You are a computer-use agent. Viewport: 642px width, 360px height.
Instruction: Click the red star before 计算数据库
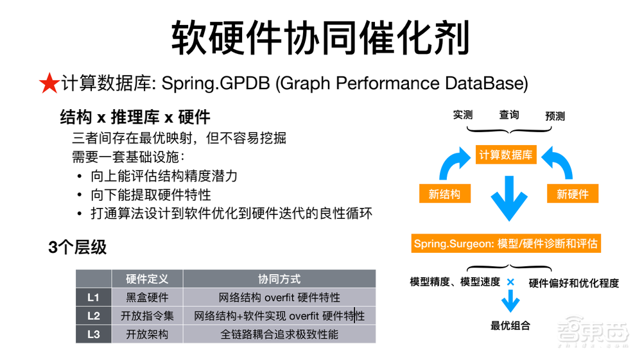[49, 83]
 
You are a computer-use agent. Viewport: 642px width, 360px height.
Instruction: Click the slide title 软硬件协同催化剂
[320, 37]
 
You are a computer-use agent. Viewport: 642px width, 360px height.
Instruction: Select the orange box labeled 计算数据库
[506, 155]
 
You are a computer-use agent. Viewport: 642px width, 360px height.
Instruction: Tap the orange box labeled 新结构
[444, 194]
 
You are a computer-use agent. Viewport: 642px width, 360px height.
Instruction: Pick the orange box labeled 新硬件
[573, 194]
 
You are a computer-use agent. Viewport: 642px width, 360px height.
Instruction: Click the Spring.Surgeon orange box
[506, 244]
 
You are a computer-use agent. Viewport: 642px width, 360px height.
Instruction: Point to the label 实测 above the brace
[463, 116]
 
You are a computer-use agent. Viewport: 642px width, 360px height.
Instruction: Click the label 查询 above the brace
[509, 115]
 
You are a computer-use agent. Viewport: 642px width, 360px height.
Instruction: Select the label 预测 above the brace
[555, 116]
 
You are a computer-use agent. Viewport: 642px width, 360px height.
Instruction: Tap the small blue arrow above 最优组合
[510, 300]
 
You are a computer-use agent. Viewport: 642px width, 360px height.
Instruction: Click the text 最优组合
[510, 325]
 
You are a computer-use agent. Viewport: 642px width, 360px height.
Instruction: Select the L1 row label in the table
[93, 297]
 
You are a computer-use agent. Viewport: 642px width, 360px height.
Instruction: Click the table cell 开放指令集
[147, 316]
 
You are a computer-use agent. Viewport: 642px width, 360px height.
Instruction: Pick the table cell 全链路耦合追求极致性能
[279, 334]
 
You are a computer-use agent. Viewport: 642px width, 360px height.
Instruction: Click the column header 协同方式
[279, 279]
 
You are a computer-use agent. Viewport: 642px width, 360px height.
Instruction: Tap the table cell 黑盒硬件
[147, 297]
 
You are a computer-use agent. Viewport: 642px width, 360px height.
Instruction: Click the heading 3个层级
[78, 248]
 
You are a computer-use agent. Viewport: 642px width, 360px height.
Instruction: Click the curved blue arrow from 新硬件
[558, 164]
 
